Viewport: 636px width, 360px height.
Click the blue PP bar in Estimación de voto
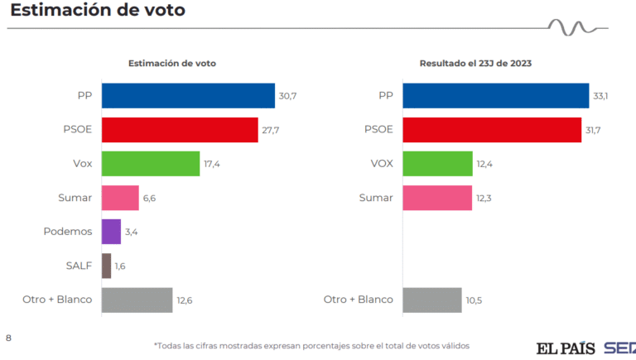(188, 96)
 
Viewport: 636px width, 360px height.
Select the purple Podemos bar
(111, 232)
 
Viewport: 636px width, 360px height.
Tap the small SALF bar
(106, 266)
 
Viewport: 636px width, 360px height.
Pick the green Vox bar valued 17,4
(151, 164)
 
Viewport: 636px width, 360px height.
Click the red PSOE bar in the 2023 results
(492, 130)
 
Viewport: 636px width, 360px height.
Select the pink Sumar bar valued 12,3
(437, 198)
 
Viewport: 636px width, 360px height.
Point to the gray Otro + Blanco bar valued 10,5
(431, 300)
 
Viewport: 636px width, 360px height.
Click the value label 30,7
(287, 96)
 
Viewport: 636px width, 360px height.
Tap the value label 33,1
(601, 96)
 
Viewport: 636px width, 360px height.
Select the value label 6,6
(151, 198)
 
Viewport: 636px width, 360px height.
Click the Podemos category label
(68, 232)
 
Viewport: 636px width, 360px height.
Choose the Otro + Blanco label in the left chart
(57, 300)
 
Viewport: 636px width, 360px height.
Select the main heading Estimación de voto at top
(98, 11)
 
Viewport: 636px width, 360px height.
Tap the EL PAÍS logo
(566, 348)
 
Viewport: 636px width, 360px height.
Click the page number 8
(9, 338)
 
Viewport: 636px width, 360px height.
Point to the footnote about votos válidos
(317, 345)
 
